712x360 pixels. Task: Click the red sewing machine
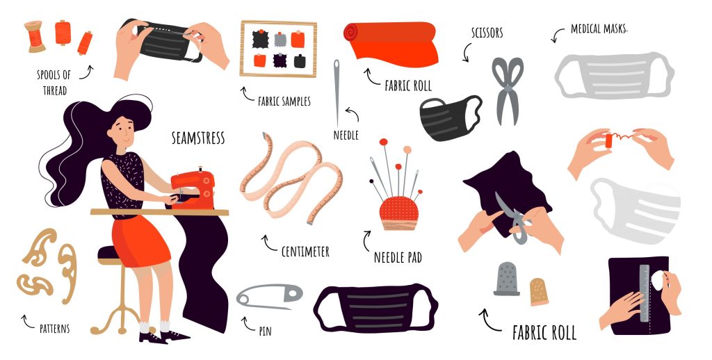pyautogui.click(x=193, y=189)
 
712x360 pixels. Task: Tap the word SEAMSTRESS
pyautogui.click(x=198, y=138)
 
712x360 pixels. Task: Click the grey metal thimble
pyautogui.click(x=507, y=279)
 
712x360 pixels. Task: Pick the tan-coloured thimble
pyautogui.click(x=539, y=291)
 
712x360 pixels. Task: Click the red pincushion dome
pyautogui.click(x=398, y=208)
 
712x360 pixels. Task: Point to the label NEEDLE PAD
pyautogui.click(x=398, y=258)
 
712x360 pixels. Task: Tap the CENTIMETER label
pyautogui.click(x=305, y=251)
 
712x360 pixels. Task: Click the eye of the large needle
pyautogui.click(x=337, y=68)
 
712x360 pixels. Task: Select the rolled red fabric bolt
pyautogui.click(x=391, y=44)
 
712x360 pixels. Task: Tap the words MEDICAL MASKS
pyautogui.click(x=599, y=29)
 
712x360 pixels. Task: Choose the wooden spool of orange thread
pyautogui.click(x=35, y=36)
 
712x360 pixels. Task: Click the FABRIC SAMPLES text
pyautogui.click(x=284, y=101)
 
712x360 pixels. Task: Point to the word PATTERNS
pyautogui.click(x=54, y=328)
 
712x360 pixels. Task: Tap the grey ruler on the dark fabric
pyautogui.click(x=645, y=293)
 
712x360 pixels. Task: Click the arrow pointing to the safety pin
pyautogui.click(x=248, y=324)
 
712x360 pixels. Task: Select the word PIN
pyautogui.click(x=265, y=332)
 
